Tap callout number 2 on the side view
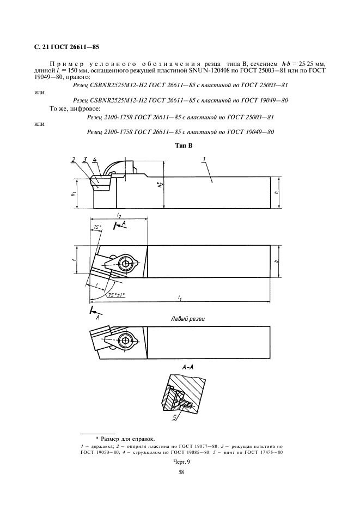(x=73, y=159)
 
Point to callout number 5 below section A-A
(x=175, y=418)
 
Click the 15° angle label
(x=97, y=227)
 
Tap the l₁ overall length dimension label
(x=180, y=297)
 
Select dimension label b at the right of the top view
(x=277, y=262)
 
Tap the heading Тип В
(x=181, y=145)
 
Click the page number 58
(x=181, y=472)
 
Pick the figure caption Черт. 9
(x=181, y=460)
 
